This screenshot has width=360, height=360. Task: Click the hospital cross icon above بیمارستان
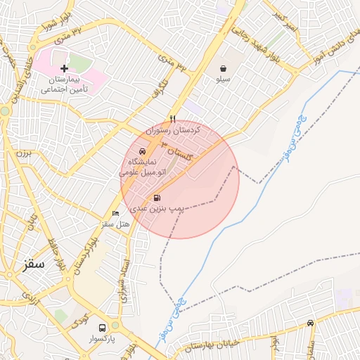point(65,68)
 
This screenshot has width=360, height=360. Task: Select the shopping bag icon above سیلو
point(223,68)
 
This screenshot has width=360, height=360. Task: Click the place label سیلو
point(223,79)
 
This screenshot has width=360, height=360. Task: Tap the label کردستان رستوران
point(174,131)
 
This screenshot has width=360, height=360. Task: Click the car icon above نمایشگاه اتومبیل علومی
point(142,151)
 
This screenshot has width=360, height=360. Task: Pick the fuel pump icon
point(156,198)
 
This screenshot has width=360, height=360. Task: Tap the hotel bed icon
point(116,213)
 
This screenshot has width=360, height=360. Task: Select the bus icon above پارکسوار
point(103,328)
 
